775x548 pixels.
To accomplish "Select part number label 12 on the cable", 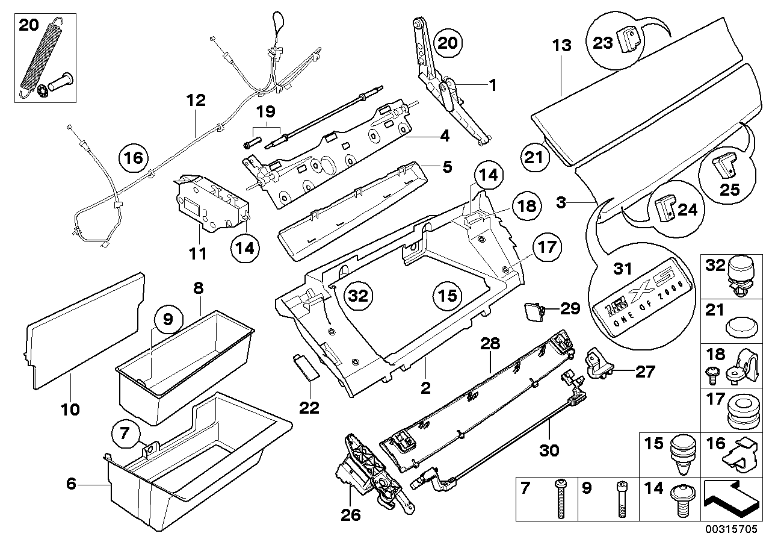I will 196,100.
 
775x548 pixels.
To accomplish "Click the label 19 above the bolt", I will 265,111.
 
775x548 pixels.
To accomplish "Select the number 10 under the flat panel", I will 70,410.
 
